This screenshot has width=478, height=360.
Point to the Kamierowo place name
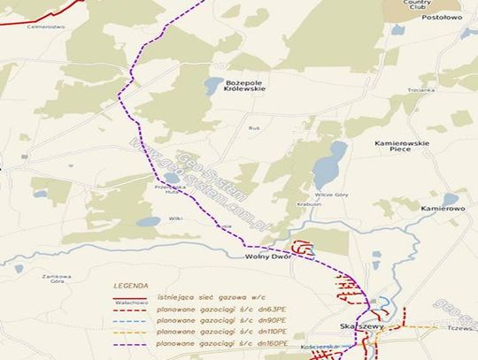(x=443, y=208)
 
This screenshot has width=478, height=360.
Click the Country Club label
(x=416, y=4)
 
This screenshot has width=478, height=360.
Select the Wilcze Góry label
(x=328, y=194)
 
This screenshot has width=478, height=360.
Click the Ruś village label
(x=253, y=127)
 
